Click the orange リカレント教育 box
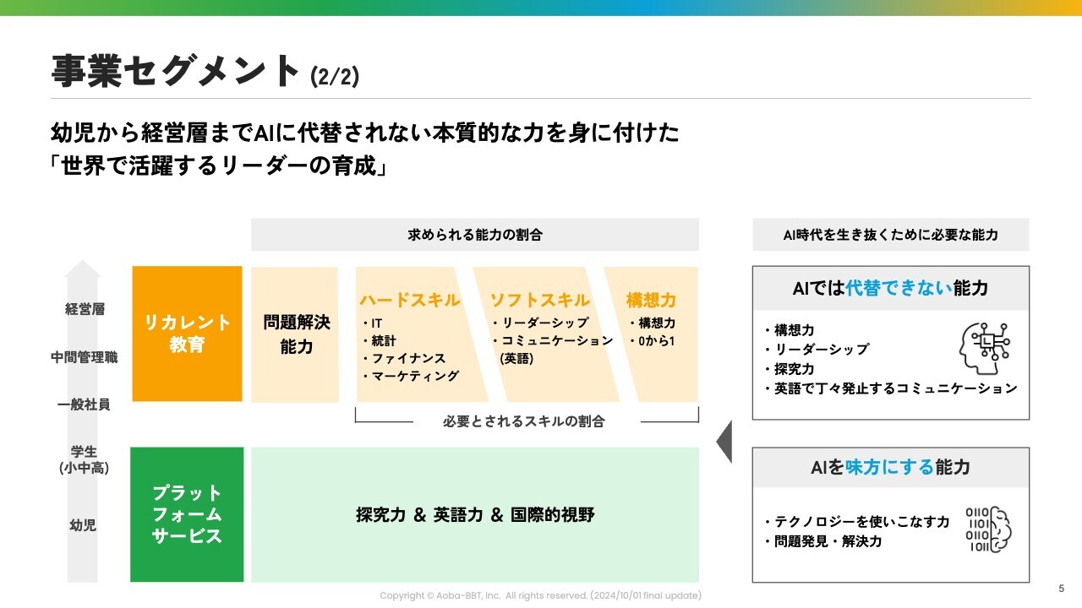pyautogui.click(x=187, y=334)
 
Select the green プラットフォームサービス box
pyautogui.click(x=187, y=514)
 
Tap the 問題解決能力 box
pyautogui.click(x=296, y=334)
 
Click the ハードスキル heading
pyautogui.click(x=410, y=300)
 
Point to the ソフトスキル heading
pyautogui.click(x=540, y=300)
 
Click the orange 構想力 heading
pyautogui.click(x=651, y=300)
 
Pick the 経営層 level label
pyautogui.click(x=85, y=309)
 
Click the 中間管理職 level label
pyautogui.click(x=85, y=357)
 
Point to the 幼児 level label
pyautogui.click(x=83, y=525)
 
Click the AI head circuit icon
pyautogui.click(x=985, y=348)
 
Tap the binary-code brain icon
pyautogui.click(x=988, y=529)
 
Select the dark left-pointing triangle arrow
pyautogui.click(x=724, y=440)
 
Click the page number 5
pyautogui.click(x=1062, y=589)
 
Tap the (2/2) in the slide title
pyautogui.click(x=335, y=77)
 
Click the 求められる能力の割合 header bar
pyautogui.click(x=475, y=235)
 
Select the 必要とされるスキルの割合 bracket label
pyautogui.click(x=524, y=421)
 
